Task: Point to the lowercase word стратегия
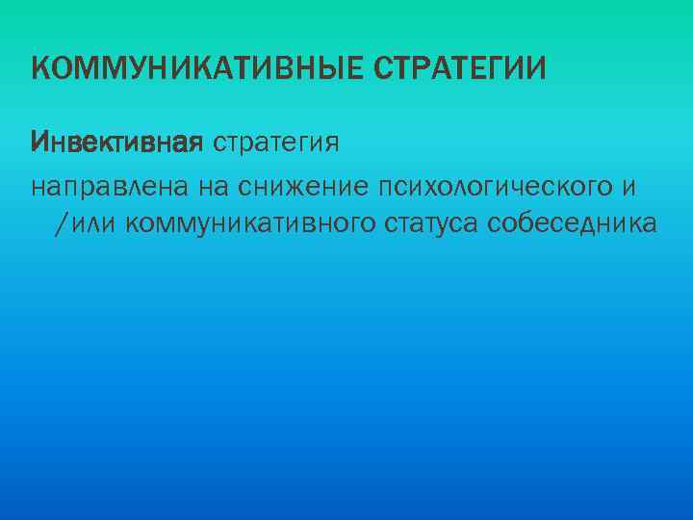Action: pos(275,143)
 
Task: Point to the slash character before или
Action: pos(63,224)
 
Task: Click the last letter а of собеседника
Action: pos(651,224)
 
